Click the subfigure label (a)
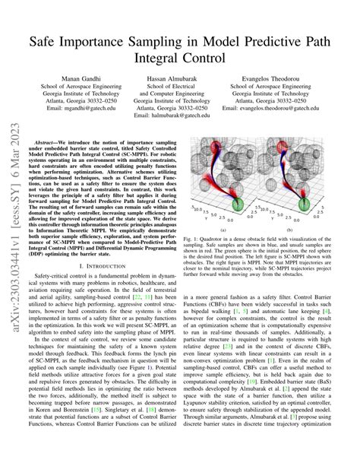click(223, 228)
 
